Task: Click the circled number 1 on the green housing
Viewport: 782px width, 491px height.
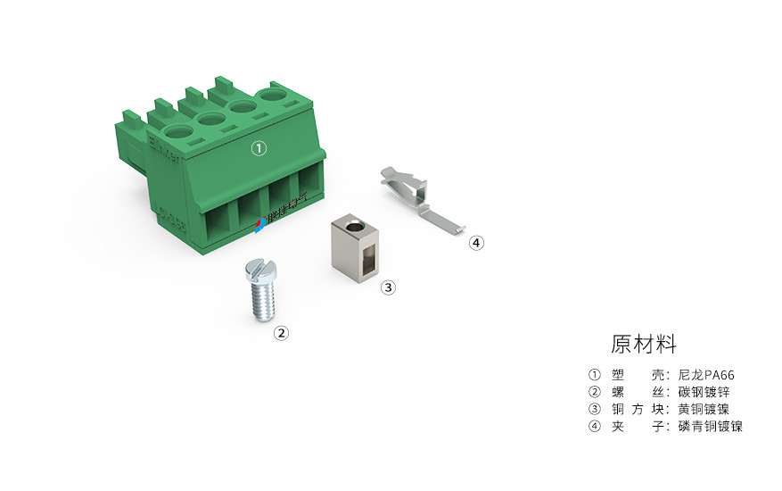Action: tap(258, 149)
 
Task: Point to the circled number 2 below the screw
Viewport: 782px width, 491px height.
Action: tap(281, 333)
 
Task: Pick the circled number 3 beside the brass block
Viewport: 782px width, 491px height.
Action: tap(388, 287)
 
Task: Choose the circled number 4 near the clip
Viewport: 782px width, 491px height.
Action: tap(476, 242)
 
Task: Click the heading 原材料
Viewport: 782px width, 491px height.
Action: tap(644, 345)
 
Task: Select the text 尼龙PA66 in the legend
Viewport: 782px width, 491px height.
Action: tap(706, 375)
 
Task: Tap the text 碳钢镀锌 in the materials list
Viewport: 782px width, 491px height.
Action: tap(704, 392)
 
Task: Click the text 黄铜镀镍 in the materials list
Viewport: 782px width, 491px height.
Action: tap(704, 409)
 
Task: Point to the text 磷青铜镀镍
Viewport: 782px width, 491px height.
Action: tap(710, 426)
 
